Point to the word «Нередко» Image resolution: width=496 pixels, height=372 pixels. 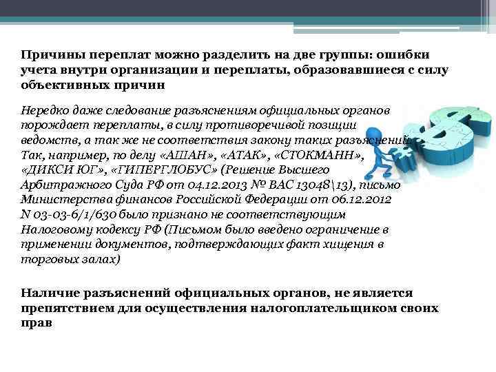[43, 111]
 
